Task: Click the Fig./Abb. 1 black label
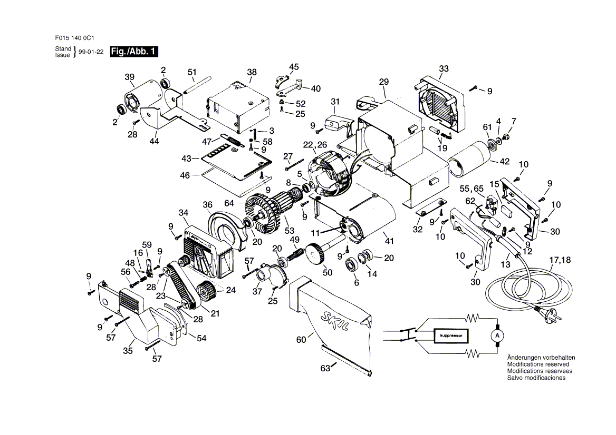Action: pos(134,52)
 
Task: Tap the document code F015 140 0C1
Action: pos(75,38)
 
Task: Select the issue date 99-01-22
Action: pos(91,52)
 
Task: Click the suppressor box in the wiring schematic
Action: pos(450,336)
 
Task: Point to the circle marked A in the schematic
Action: pos(497,336)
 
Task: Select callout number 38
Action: pos(252,72)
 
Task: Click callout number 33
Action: pos(444,68)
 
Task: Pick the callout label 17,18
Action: pos(560,260)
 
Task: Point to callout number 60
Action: pos(301,340)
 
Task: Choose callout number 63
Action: pos(325,369)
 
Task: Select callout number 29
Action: pos(384,82)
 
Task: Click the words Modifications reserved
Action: pos(538,364)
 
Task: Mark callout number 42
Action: pos(504,162)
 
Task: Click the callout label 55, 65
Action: pos(472,189)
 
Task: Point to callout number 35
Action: pos(128,351)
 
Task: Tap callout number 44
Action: pos(154,141)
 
